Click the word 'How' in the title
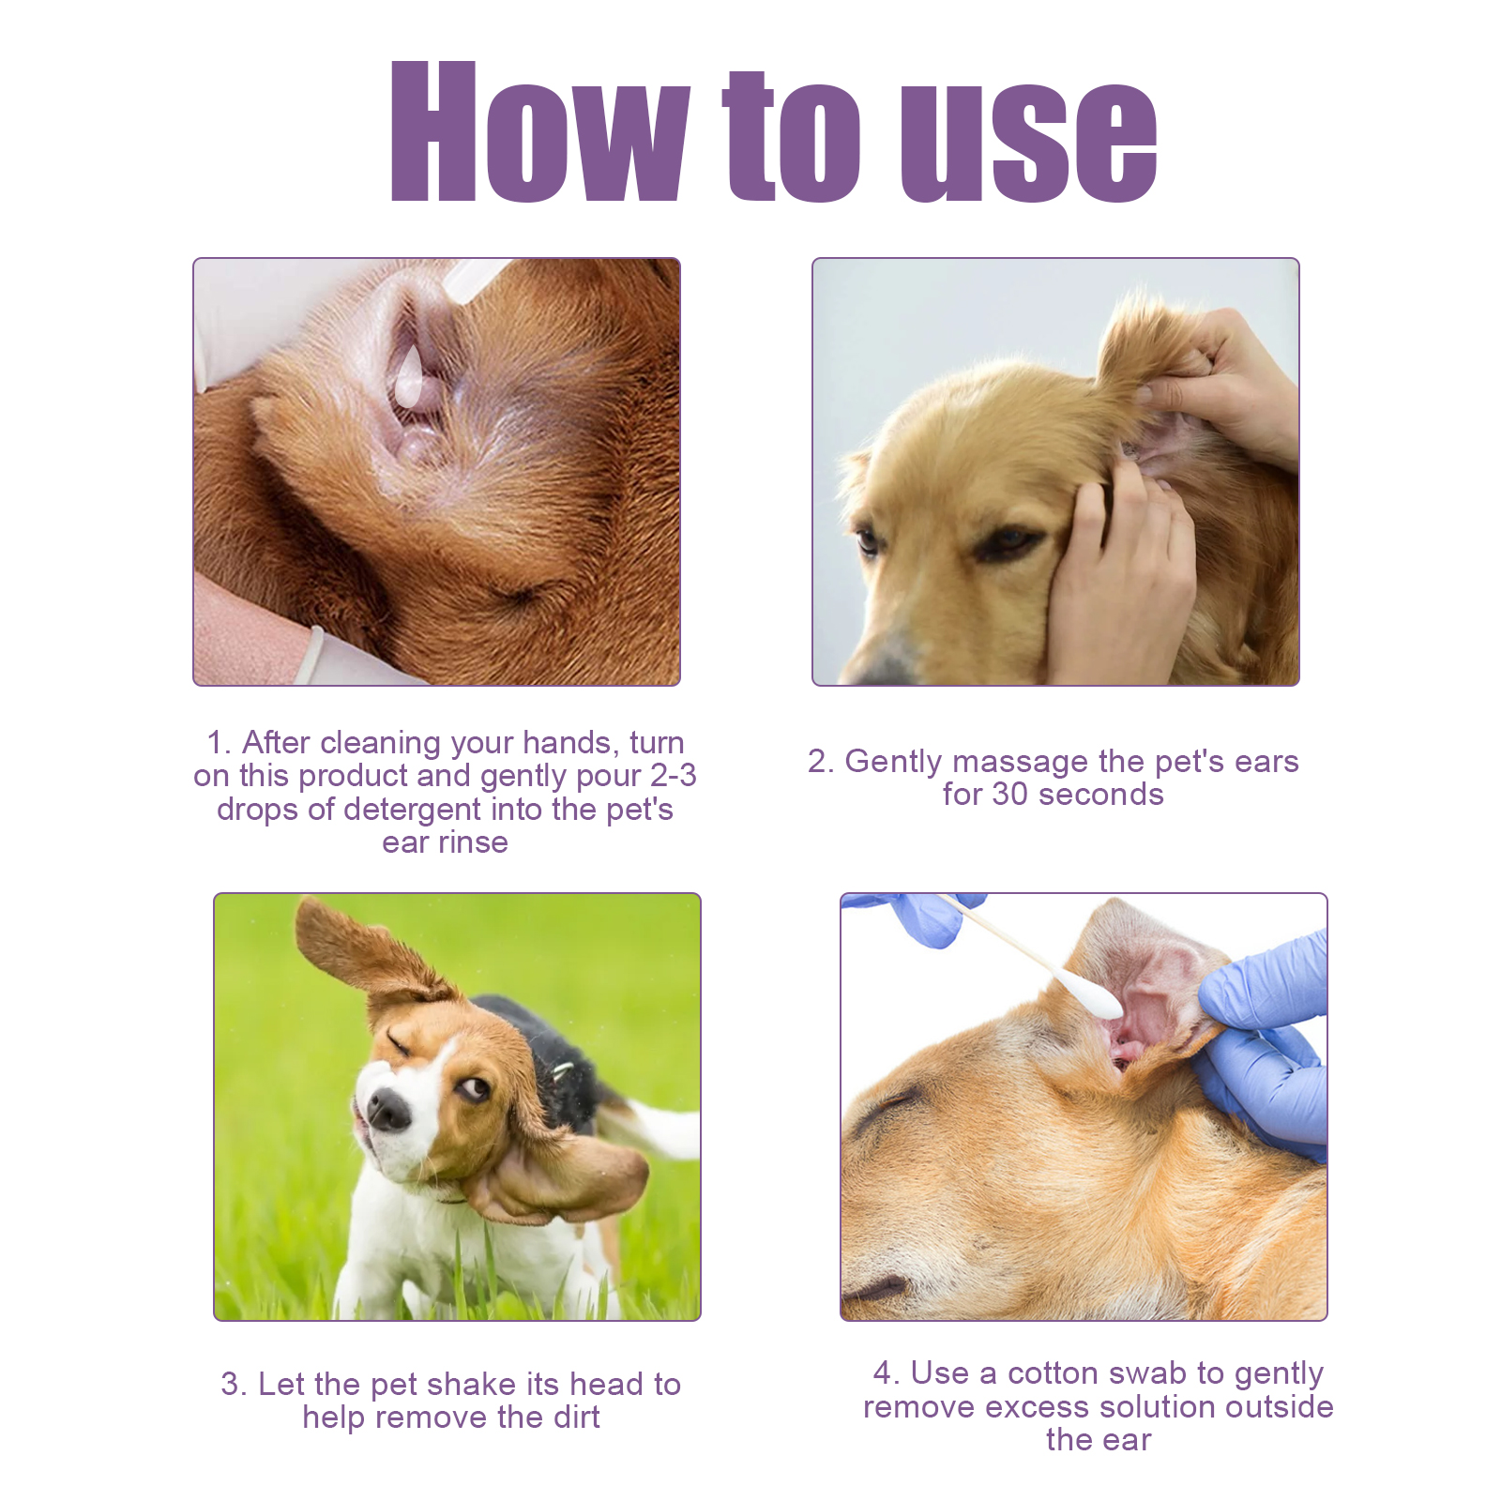click(x=540, y=131)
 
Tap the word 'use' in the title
click(x=1028, y=142)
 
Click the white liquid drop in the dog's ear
click(x=410, y=375)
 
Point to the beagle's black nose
click(x=388, y=1110)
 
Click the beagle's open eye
click(x=474, y=1088)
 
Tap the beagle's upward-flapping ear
click(x=366, y=957)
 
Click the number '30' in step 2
click(x=1009, y=795)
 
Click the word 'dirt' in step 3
click(x=575, y=1418)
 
